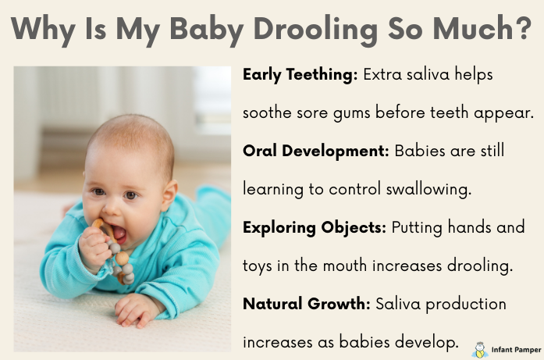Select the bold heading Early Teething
click(x=300, y=76)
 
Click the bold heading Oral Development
click(x=315, y=150)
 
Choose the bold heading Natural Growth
click(x=307, y=303)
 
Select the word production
click(x=471, y=303)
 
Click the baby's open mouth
click(x=120, y=232)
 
